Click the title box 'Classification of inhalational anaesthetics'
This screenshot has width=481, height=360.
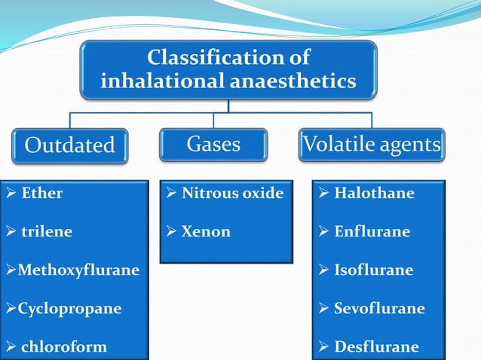(228, 69)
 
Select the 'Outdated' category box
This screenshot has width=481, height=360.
(69, 145)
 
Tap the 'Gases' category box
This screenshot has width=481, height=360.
(213, 144)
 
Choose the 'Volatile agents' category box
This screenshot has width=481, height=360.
(371, 144)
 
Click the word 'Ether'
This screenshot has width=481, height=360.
(42, 194)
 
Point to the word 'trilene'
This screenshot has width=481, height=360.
(47, 232)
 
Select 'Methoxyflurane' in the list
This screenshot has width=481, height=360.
(78, 270)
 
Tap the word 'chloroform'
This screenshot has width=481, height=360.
(63, 347)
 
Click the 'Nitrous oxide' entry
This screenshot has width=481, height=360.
(233, 194)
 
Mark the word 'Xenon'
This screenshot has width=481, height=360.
(206, 232)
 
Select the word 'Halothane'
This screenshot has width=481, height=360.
(374, 194)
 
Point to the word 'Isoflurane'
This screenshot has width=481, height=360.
(374, 270)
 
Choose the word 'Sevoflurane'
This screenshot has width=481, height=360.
(379, 309)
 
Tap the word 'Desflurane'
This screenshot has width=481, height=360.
(376, 347)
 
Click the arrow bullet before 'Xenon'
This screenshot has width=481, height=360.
(171, 232)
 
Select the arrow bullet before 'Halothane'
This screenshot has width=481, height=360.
(323, 194)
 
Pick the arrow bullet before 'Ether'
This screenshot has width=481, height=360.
(11, 194)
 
